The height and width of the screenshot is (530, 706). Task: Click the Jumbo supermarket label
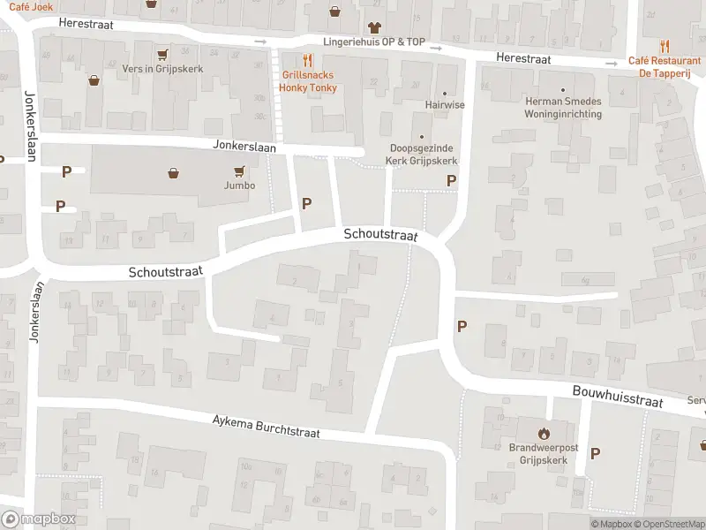[239, 185]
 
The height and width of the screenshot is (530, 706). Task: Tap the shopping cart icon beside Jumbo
[238, 171]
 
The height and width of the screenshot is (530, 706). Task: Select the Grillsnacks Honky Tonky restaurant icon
[308, 60]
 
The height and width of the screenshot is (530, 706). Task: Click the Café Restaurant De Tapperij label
[665, 66]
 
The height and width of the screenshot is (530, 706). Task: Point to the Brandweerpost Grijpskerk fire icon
[543, 433]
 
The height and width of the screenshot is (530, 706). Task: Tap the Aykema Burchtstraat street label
[266, 427]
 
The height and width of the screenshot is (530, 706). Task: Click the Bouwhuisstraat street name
[617, 396]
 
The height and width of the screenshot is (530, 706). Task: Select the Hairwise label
[445, 104]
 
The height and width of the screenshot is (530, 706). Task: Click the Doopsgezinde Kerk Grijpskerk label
[421, 155]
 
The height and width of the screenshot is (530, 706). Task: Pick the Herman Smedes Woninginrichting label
[562, 108]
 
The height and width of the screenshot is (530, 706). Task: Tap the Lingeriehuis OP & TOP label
[373, 42]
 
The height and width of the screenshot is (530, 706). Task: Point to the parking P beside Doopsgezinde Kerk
[451, 180]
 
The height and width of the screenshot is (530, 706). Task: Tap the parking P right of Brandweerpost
[595, 453]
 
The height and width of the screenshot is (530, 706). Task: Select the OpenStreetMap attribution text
[670, 525]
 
